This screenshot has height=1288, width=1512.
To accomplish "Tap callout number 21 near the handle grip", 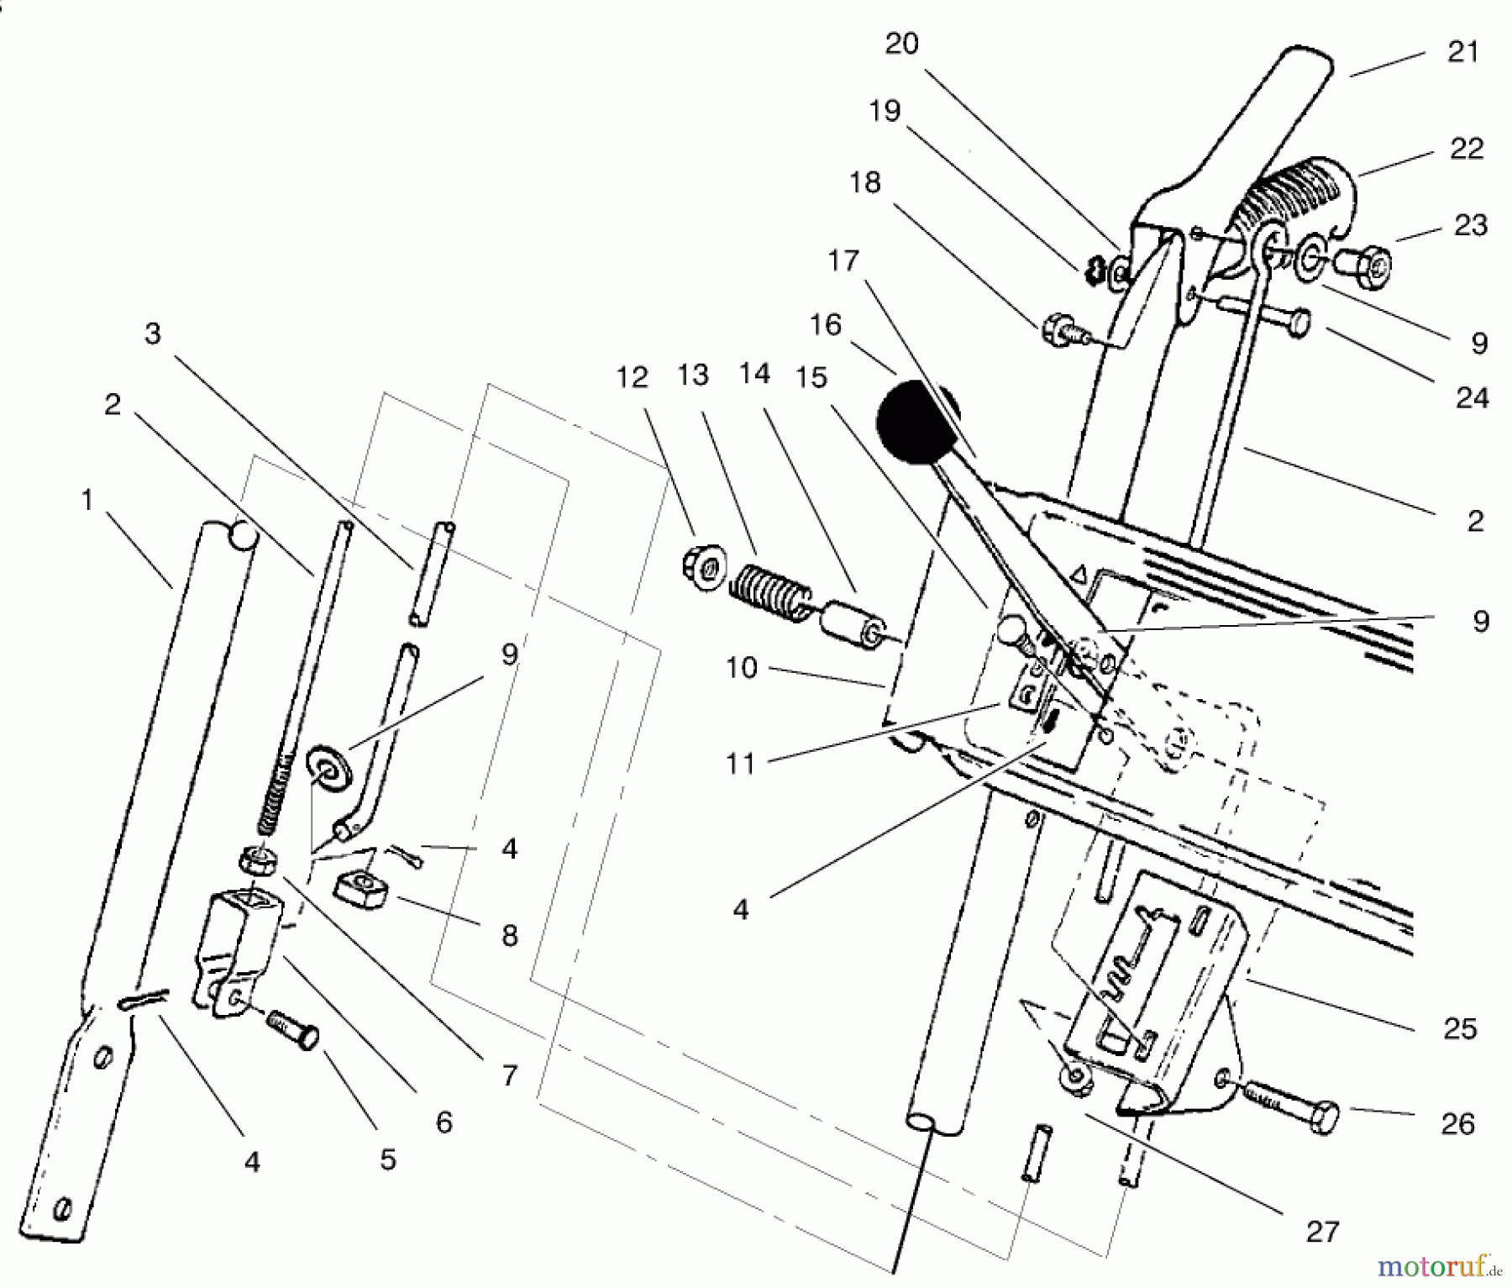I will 1462,52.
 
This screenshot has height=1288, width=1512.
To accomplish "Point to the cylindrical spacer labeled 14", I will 851,626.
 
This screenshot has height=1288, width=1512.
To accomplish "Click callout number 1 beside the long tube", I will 86,501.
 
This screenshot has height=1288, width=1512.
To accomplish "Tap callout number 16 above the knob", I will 826,324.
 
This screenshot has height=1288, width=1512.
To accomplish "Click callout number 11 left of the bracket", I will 740,764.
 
